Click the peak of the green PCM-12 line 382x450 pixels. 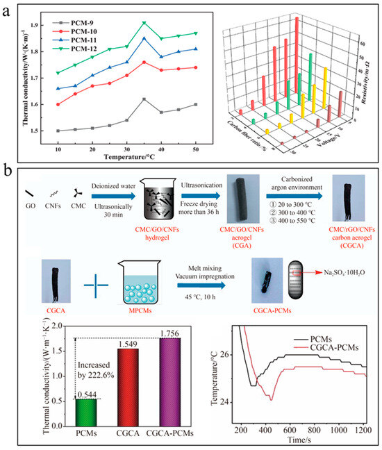tap(144, 23)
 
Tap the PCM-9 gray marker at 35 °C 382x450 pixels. tap(144, 99)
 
